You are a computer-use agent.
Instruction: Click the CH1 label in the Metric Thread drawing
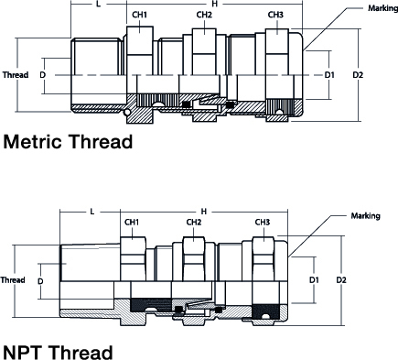click(139, 15)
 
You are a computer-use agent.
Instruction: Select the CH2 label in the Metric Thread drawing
click(204, 15)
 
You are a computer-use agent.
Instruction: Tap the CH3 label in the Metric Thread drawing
click(275, 15)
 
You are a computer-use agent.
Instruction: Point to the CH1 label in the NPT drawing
click(132, 222)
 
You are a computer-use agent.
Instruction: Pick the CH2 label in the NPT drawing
click(194, 222)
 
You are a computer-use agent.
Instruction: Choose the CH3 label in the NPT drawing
click(263, 222)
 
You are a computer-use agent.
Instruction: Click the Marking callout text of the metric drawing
click(382, 8)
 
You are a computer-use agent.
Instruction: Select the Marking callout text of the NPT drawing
click(366, 216)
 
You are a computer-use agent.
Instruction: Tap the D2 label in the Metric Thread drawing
click(358, 75)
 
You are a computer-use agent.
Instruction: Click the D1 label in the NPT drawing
click(314, 279)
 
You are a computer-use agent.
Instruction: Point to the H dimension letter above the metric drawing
click(215, 4)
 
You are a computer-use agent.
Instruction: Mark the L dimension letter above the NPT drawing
click(92, 212)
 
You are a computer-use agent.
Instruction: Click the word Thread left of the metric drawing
click(16, 75)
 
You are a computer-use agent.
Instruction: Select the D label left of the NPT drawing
click(40, 281)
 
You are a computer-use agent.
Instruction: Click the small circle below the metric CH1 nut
click(127, 113)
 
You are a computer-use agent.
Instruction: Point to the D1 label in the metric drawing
click(329, 75)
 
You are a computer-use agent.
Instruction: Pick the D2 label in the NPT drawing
click(341, 279)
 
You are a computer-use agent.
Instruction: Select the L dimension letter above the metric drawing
click(98, 5)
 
